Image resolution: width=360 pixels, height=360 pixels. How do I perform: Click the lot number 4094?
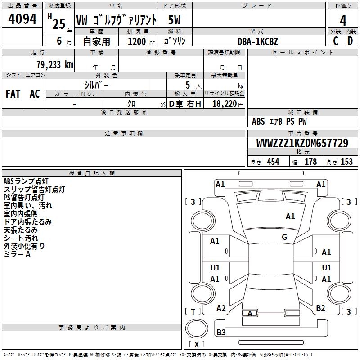click(x=22, y=18)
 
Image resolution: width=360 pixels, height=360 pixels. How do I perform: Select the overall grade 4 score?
click(x=343, y=20)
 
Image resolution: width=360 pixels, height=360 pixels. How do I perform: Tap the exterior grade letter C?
click(x=336, y=41)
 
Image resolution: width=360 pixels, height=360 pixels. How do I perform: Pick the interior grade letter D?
click(x=350, y=41)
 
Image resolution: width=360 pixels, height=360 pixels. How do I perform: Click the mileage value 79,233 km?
click(x=55, y=65)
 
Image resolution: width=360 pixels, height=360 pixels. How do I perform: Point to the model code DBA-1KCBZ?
click(x=258, y=41)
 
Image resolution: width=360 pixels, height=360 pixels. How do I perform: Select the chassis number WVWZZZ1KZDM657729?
click(x=302, y=143)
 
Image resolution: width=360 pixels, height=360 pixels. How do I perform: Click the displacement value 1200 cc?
click(x=141, y=41)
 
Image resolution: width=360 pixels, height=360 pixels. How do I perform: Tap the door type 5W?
click(x=174, y=20)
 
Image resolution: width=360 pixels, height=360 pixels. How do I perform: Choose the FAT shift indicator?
click(x=13, y=94)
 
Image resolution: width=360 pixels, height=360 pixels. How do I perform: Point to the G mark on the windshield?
click(x=284, y=237)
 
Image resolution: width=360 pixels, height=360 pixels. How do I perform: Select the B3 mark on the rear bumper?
click(x=221, y=332)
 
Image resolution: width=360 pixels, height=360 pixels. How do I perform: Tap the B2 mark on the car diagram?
click(x=320, y=308)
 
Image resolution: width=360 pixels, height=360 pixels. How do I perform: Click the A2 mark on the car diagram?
click(x=221, y=308)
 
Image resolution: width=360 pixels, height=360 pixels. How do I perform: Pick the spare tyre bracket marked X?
click(x=197, y=344)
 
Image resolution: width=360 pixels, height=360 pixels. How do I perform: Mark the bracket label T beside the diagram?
click(x=193, y=311)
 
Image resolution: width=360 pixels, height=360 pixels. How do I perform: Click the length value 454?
click(x=273, y=162)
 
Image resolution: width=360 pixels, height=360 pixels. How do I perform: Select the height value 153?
click(x=346, y=162)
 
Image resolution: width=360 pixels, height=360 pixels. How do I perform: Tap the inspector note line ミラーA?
click(x=17, y=254)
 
